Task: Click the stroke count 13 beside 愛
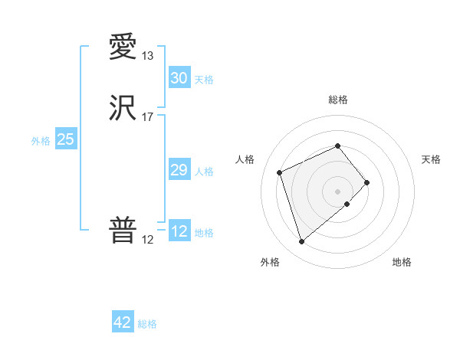(147, 56)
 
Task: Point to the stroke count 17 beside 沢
(147, 117)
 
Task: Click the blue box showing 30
(179, 78)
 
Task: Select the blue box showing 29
(179, 170)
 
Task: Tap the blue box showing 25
(65, 139)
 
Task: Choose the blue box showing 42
(123, 322)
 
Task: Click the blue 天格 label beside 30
(204, 80)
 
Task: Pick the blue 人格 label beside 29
(204, 172)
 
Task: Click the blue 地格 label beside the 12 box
(204, 233)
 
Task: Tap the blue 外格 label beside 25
(41, 141)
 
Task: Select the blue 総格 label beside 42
(147, 324)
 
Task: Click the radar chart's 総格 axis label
(337, 100)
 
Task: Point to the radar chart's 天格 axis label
(432, 159)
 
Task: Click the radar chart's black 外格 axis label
(270, 263)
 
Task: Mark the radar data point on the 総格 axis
(337, 146)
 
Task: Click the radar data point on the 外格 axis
(302, 242)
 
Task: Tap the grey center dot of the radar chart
(337, 190)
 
